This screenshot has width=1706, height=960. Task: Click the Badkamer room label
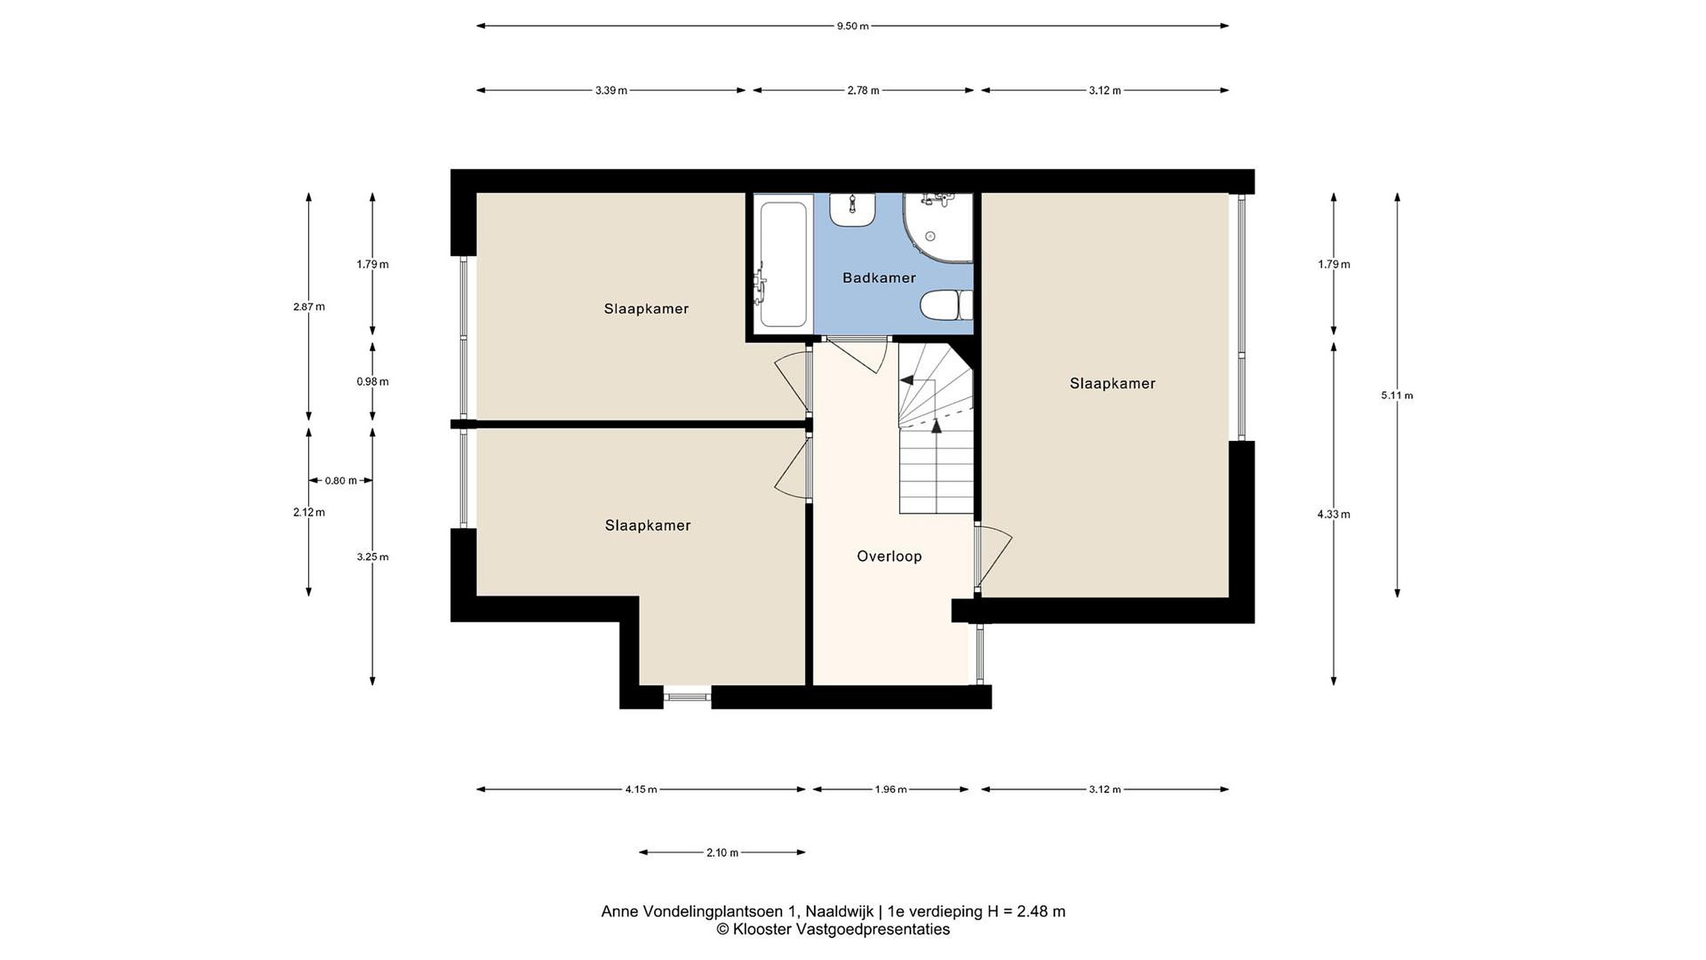click(x=879, y=277)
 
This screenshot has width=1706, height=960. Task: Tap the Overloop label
click(x=889, y=556)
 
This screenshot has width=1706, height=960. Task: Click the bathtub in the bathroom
click(x=784, y=264)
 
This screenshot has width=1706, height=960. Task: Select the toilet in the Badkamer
click(x=946, y=305)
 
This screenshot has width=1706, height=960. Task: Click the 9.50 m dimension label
click(x=852, y=27)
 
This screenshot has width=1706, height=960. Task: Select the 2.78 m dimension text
click(x=863, y=91)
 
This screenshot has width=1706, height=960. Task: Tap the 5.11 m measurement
click(x=1397, y=395)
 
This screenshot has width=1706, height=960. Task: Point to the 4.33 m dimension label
click(x=1333, y=514)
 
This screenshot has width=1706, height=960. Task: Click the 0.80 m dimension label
click(x=341, y=481)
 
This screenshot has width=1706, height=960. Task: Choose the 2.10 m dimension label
click(x=722, y=853)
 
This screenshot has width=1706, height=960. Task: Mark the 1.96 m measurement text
click(x=891, y=790)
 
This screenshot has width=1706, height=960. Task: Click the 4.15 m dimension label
click(x=641, y=790)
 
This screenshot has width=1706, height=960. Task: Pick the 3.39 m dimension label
click(x=611, y=91)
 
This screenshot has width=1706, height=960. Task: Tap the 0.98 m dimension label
click(x=372, y=382)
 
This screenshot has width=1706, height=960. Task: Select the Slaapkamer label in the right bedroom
click(x=1112, y=383)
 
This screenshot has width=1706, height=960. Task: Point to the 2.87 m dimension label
click(x=309, y=307)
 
